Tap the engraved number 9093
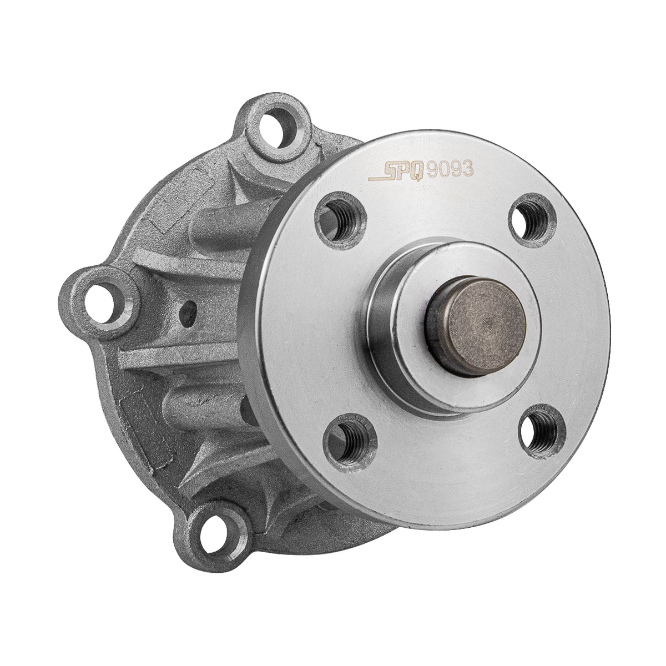(450, 169)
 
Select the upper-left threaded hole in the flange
(340, 221)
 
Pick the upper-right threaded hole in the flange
(533, 220)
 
